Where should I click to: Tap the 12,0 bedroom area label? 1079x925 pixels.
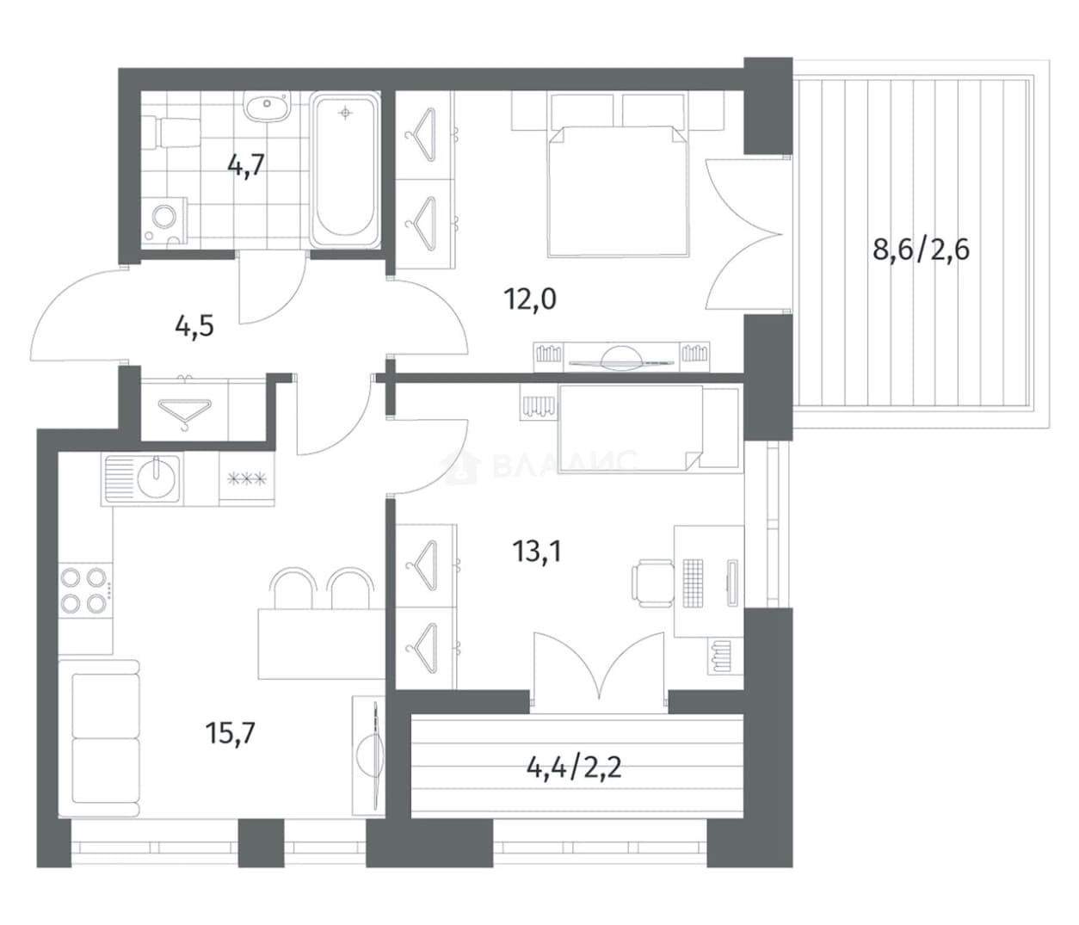click(x=530, y=299)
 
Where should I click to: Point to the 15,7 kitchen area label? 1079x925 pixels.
click(x=231, y=733)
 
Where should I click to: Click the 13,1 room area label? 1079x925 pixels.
click(x=537, y=552)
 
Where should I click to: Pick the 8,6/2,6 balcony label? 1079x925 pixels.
click(x=921, y=250)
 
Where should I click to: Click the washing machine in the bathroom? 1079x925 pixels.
click(x=164, y=221)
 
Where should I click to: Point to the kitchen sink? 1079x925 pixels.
click(x=143, y=478)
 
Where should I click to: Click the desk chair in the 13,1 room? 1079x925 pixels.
click(x=652, y=583)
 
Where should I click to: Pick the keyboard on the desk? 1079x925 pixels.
click(x=692, y=583)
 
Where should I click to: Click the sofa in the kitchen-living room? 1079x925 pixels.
click(x=99, y=738)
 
